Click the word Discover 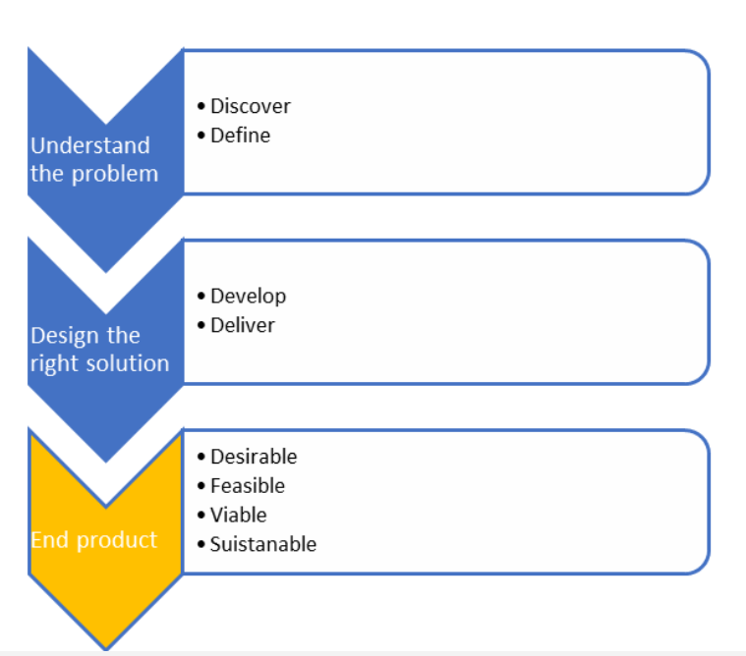click(251, 106)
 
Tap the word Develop click(249, 297)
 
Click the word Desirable click(254, 457)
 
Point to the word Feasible click(248, 486)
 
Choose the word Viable click(239, 516)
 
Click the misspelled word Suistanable click(263, 544)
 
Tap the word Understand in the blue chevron click(90, 145)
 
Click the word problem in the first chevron click(115, 175)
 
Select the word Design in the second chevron click(66, 337)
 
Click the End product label click(94, 541)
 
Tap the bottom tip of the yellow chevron click(105, 649)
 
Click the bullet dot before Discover click(201, 106)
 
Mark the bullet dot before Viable click(201, 516)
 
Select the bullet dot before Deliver click(201, 326)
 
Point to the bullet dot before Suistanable click(201, 544)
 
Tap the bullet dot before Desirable click(201, 457)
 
